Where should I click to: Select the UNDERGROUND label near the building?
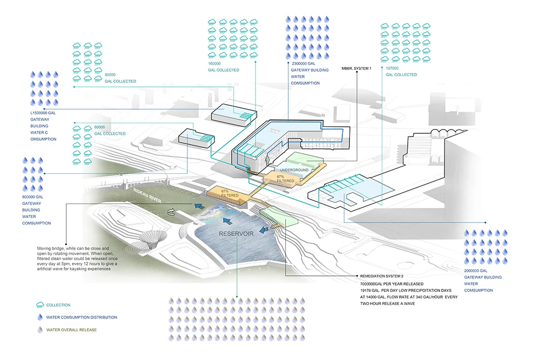(295, 170)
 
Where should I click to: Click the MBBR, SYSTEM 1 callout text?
(356, 69)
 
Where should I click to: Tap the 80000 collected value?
(111, 74)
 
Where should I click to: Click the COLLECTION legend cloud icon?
(39, 305)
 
